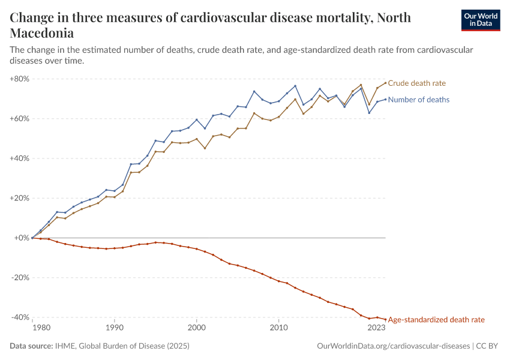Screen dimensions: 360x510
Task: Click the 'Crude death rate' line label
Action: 417,83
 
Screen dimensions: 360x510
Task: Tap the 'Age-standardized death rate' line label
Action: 436,320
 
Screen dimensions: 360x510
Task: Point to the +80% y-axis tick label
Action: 20,79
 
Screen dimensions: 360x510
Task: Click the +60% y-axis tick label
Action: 20,118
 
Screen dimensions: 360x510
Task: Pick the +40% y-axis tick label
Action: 20,158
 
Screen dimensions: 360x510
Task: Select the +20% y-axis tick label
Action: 20,198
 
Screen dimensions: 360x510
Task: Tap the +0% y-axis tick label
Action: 22,238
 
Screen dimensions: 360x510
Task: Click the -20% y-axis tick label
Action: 20,278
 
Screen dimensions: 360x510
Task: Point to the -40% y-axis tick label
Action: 20,317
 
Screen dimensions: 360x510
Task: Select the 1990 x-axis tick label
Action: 114,328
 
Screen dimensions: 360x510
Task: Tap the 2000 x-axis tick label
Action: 196,328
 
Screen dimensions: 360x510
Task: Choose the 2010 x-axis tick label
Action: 278,328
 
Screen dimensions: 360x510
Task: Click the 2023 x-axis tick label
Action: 376,328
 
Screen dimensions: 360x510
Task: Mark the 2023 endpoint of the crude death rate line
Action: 385,83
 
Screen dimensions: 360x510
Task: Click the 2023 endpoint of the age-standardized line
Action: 385,319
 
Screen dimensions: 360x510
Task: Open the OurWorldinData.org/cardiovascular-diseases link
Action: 393,346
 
